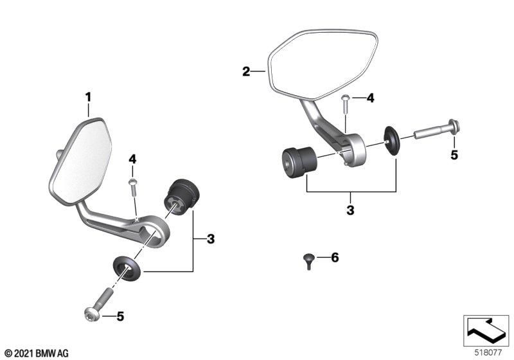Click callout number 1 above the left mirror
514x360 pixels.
(89, 97)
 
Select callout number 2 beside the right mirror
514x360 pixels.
(246, 71)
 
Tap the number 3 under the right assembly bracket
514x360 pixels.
(351, 210)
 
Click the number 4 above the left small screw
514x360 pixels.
(133, 158)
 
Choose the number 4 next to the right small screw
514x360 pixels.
(369, 98)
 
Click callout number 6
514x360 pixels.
(334, 258)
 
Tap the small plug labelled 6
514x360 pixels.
(307, 260)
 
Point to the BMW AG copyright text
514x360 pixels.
(36, 353)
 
